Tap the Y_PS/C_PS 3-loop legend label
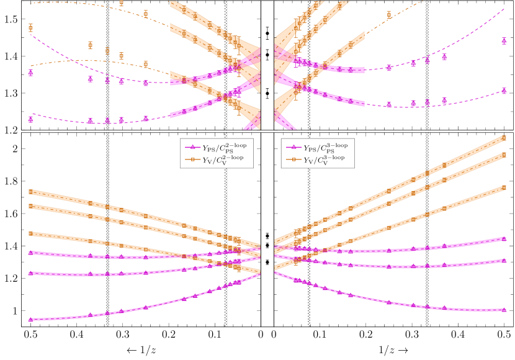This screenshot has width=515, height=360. [x=326, y=148]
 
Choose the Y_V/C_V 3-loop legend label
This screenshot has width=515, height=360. [x=325, y=160]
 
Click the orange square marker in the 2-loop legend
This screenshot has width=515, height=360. [x=192, y=160]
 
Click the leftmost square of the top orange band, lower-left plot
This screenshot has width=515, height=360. [x=30, y=192]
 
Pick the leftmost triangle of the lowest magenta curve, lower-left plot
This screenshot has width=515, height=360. [x=30, y=319]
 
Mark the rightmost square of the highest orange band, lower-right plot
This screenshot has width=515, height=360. [x=504, y=138]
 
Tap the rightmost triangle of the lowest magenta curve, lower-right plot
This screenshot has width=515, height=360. [x=504, y=309]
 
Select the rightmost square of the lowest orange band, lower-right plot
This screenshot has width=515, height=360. [x=504, y=187]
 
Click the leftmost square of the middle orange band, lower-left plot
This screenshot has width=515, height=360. [x=30, y=206]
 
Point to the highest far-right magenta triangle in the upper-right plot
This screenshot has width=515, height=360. [x=504, y=41]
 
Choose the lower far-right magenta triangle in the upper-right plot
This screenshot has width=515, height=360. [x=504, y=91]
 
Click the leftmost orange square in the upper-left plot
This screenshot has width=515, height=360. [x=30, y=27]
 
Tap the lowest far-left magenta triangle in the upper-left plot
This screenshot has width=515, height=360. [x=30, y=119]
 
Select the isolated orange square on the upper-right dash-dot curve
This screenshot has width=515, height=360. [x=389, y=14]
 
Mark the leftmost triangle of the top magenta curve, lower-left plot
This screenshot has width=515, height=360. [x=30, y=253]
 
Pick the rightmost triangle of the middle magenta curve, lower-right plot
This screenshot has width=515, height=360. [x=504, y=260]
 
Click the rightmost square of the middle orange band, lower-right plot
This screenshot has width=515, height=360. [x=504, y=155]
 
